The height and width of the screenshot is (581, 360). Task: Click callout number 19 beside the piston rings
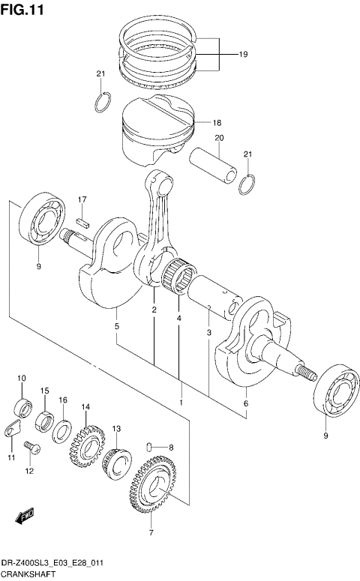pyautogui.click(x=243, y=55)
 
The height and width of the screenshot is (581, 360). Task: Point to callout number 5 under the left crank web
pyautogui.click(x=116, y=326)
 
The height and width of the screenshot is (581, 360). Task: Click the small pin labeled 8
pyautogui.click(x=152, y=448)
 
